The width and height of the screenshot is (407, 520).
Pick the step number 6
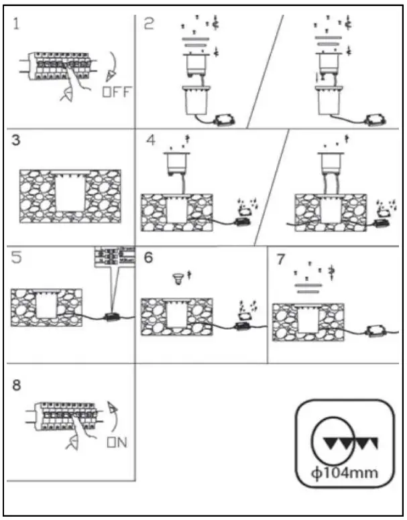pos(149,258)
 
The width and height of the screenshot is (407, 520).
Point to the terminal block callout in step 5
pos(113,258)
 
